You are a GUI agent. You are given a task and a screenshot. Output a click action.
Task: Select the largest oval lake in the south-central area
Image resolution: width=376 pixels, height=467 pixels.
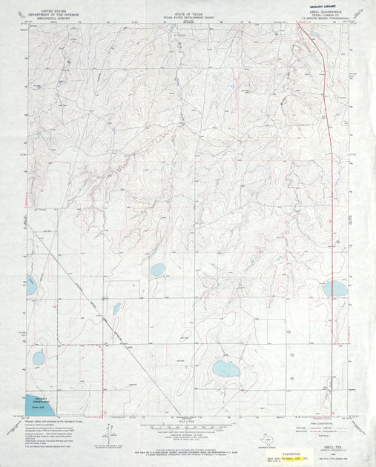point(225,368)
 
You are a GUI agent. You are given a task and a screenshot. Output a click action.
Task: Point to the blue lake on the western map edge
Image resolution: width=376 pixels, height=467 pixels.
point(30,285)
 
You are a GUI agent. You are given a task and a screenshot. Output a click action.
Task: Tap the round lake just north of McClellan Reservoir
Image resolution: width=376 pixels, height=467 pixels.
point(39,359)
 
